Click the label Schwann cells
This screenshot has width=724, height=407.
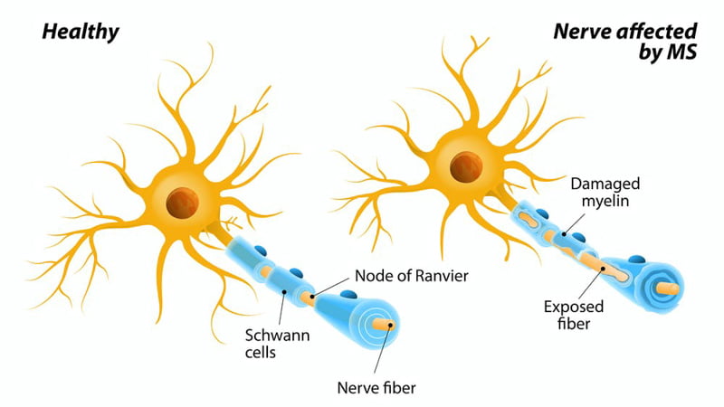(270, 344)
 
